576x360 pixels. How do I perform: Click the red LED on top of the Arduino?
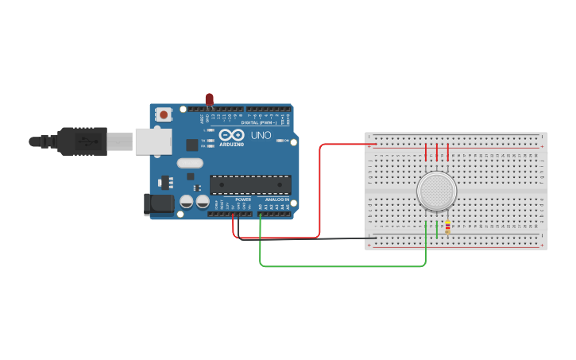tap(210, 99)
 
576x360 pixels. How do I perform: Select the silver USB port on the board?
tap(153, 141)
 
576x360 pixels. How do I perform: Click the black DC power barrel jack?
tap(159, 204)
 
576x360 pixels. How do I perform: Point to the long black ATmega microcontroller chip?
tap(250, 184)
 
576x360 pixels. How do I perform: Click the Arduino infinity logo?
tap(231, 135)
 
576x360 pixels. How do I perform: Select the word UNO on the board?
tap(261, 136)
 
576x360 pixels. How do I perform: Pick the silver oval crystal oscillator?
tap(191, 163)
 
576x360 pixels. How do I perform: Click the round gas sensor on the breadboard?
tap(436, 191)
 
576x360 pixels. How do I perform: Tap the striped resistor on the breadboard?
tap(447, 227)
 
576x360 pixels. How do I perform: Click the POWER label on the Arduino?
tap(243, 199)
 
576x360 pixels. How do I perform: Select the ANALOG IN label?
tap(277, 199)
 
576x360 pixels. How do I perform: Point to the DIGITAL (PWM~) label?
tap(260, 122)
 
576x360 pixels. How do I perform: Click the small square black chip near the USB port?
tap(191, 145)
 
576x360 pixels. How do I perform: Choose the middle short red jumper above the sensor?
tap(436, 152)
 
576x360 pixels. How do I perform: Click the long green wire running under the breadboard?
tap(342, 266)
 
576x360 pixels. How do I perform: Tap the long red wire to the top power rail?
tap(319, 191)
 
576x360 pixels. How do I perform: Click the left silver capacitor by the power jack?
tap(186, 202)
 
